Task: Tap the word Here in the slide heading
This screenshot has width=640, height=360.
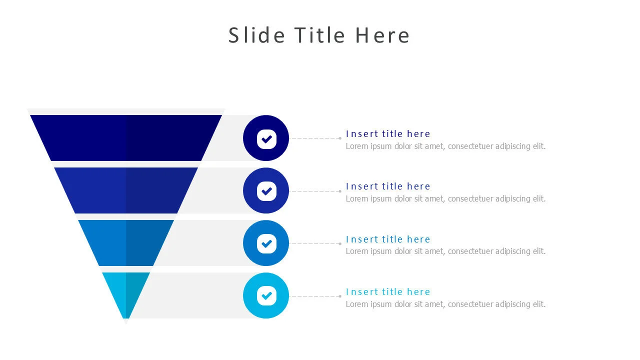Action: (x=382, y=35)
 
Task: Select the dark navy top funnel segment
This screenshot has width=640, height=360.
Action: (x=126, y=138)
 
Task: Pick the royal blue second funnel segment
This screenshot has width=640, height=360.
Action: (x=126, y=190)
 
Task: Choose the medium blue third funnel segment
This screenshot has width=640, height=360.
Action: (x=126, y=243)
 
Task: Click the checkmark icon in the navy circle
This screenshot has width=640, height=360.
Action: (x=266, y=138)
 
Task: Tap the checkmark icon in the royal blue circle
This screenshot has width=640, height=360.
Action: (x=266, y=190)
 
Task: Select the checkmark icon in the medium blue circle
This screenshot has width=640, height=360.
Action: (x=266, y=243)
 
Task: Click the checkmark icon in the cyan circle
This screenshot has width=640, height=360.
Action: (x=266, y=295)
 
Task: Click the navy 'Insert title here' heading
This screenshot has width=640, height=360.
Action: (x=388, y=133)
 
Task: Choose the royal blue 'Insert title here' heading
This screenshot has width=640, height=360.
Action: (x=388, y=186)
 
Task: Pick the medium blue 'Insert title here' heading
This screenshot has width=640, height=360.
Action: (x=388, y=239)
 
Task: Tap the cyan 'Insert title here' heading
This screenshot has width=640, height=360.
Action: (x=388, y=291)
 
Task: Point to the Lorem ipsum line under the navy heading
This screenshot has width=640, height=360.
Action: (x=445, y=146)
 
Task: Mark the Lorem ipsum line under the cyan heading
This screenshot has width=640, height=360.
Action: (x=445, y=304)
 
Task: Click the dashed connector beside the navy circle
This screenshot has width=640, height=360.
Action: (x=315, y=138)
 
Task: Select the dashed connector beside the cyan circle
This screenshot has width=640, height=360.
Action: (x=315, y=296)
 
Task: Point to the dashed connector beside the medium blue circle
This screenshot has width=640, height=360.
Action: (x=315, y=243)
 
